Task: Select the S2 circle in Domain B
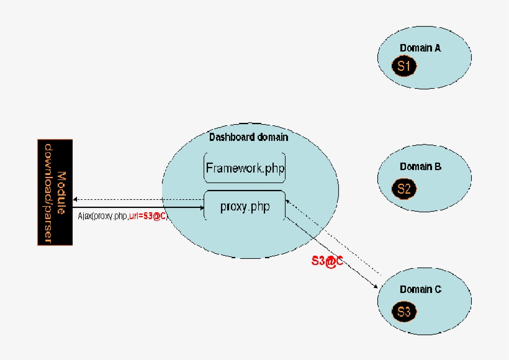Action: [403, 189]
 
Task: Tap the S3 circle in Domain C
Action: [403, 312]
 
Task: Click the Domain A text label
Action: [420, 48]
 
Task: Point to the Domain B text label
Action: [420, 166]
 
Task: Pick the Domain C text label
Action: [420, 289]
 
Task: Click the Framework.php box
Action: [245, 168]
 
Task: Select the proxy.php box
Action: [245, 207]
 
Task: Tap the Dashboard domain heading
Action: [248, 137]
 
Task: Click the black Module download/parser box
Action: [55, 192]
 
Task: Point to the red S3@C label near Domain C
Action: [327, 262]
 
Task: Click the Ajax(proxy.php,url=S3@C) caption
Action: [123, 215]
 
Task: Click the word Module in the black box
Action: [61, 192]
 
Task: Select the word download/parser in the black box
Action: [48, 192]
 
